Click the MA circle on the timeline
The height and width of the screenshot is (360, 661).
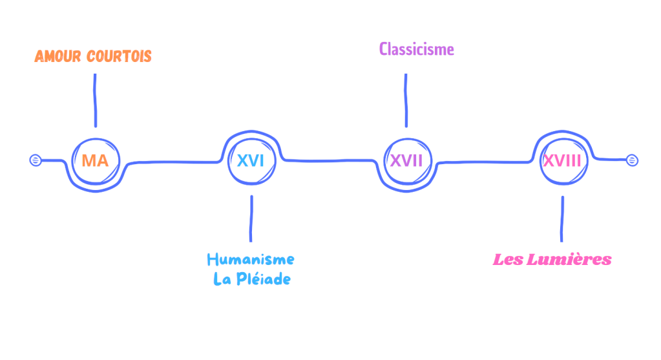click(x=95, y=160)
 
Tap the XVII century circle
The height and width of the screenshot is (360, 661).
click(x=406, y=160)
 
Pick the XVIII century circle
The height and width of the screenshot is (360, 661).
click(x=561, y=160)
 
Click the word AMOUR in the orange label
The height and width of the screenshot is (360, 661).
click(x=58, y=56)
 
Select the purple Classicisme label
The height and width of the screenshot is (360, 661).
click(x=416, y=49)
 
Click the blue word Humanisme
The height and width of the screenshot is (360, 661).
click(x=251, y=260)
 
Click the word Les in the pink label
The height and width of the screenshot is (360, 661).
click(x=507, y=260)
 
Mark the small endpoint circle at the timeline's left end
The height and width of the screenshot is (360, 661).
click(x=36, y=160)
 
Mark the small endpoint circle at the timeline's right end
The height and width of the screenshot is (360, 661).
click(x=632, y=160)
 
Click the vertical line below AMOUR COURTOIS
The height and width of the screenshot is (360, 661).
click(x=95, y=100)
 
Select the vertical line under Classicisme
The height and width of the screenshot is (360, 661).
click(x=406, y=100)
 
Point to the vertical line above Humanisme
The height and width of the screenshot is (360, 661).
click(x=251, y=218)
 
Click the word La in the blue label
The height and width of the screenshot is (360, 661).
click(x=222, y=279)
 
